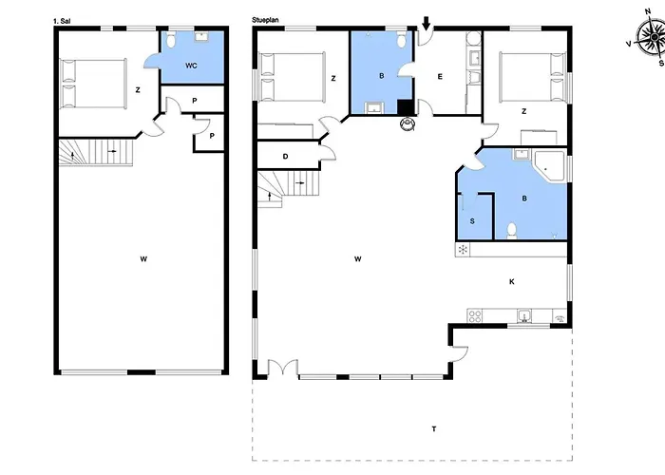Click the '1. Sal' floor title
[x=61, y=19]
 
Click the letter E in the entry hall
[x=439, y=77]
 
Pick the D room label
[x=285, y=157]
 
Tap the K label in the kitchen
[x=511, y=281]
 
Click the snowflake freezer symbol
[x=463, y=250]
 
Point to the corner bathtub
[x=550, y=166]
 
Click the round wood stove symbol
[x=409, y=123]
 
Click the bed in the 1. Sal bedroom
[x=92, y=83]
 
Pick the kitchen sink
[x=523, y=316]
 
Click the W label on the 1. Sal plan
[x=142, y=257]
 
